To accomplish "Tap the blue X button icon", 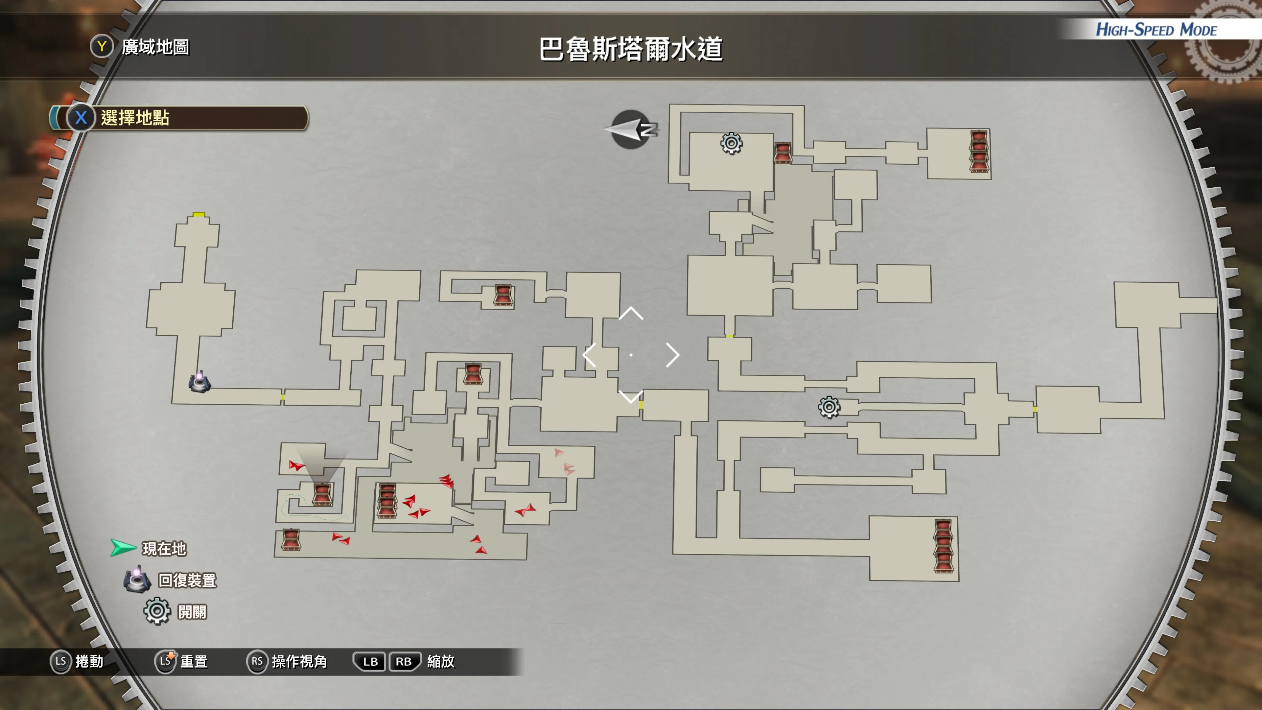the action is [x=81, y=118].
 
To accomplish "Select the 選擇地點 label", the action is [x=135, y=118].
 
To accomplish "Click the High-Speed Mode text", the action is [x=1156, y=30].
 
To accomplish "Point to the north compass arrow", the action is [x=631, y=130].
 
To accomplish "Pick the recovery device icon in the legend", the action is [x=137, y=579].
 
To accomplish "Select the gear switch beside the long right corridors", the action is [x=829, y=407].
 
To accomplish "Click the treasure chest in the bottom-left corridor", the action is [x=291, y=539].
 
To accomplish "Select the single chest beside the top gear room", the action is [x=783, y=153].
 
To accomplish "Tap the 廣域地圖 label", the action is [x=155, y=47].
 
